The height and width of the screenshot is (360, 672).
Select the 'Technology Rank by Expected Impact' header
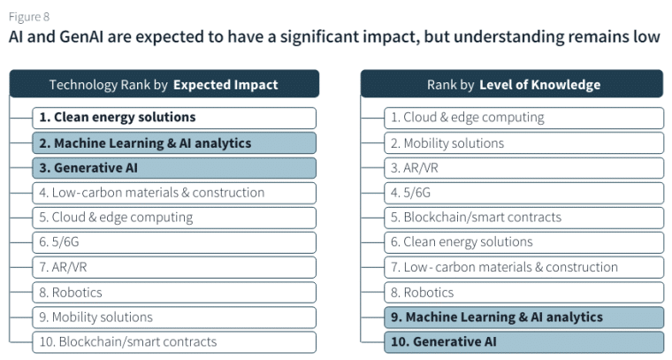click(164, 85)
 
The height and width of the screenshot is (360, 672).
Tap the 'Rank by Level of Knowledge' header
click(513, 85)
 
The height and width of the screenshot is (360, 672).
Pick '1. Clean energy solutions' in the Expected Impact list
click(174, 118)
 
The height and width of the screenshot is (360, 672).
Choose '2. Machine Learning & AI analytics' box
click(174, 142)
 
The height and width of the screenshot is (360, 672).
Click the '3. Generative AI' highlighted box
click(174, 167)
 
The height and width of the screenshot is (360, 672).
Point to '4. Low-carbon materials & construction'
click(174, 192)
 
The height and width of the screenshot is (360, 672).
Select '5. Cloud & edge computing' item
click(174, 217)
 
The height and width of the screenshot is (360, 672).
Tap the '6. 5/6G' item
click(174, 241)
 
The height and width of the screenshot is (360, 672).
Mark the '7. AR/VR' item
click(174, 267)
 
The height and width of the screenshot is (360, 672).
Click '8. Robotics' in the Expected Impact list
click(174, 292)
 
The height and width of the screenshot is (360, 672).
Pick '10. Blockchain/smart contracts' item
click(174, 341)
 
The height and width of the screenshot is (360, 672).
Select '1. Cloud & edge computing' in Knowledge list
click(523, 118)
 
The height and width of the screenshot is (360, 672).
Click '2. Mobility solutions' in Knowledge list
click(523, 142)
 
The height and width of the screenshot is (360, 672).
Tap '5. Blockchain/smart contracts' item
click(523, 217)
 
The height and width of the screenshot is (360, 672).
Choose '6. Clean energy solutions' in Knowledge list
click(523, 241)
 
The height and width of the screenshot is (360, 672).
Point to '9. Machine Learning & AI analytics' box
click(523, 317)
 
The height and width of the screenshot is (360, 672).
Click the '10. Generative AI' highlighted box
click(523, 341)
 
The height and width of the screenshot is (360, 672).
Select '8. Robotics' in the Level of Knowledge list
click(523, 292)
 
